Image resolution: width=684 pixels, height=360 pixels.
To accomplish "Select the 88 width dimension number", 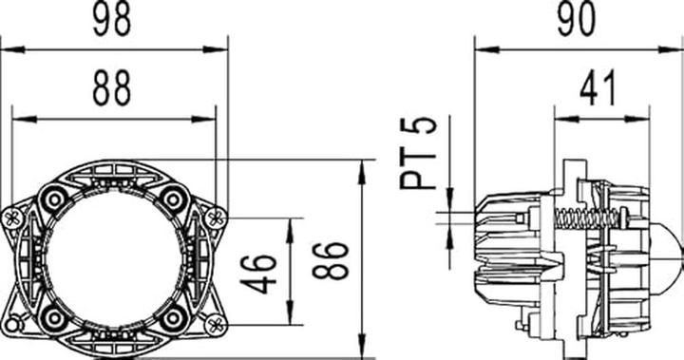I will [113, 90].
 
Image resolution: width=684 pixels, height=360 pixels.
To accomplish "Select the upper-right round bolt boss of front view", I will [173, 199].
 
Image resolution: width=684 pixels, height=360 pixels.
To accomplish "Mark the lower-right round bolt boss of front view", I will [173, 316].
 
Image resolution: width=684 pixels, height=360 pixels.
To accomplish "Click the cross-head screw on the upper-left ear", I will [12, 218].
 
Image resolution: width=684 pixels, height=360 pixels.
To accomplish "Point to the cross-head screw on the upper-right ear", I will [216, 218].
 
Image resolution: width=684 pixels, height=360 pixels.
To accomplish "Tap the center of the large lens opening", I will [113, 257].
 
